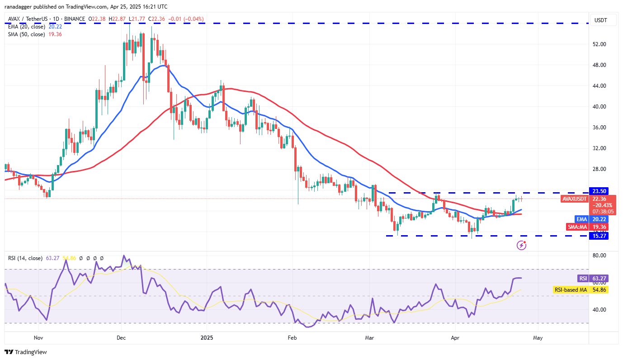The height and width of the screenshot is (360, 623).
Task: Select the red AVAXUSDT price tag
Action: (x=574, y=199)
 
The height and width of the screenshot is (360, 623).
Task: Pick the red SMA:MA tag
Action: (x=578, y=227)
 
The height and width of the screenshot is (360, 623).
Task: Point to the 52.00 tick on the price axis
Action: (x=599, y=44)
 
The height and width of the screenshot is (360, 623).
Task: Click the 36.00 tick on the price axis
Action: (x=599, y=128)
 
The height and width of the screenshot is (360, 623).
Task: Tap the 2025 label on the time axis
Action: (x=206, y=337)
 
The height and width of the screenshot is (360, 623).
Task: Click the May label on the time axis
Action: (x=538, y=337)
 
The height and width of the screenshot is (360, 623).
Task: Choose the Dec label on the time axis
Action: (x=121, y=337)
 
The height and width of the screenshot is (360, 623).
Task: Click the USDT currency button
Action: (x=601, y=20)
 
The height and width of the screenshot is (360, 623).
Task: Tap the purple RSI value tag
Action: (x=583, y=278)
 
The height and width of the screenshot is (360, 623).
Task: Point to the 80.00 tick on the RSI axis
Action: (x=599, y=256)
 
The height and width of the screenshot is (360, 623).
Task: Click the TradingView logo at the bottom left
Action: (x=26, y=352)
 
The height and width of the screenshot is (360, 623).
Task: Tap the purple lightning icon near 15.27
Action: (x=521, y=245)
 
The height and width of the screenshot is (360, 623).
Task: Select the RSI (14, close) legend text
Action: (x=25, y=258)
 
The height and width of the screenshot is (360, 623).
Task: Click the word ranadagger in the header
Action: (x=22, y=7)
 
